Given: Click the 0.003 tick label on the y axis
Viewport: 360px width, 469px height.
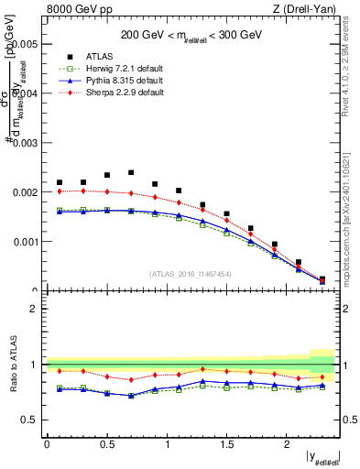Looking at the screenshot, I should (x=25, y=143).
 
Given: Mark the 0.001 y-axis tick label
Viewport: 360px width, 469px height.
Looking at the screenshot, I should (x=25, y=242).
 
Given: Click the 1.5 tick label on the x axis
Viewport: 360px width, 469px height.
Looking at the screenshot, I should (x=226, y=444).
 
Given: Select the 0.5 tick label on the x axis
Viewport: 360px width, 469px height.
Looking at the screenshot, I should (x=106, y=444).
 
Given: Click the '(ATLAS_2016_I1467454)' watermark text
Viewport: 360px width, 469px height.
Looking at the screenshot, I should (x=191, y=273).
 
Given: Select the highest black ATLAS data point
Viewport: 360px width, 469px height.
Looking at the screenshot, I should (x=131, y=172).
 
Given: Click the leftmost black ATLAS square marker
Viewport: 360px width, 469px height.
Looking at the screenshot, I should (x=60, y=182).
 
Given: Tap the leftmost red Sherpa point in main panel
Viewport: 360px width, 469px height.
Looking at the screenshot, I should (x=60, y=191).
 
